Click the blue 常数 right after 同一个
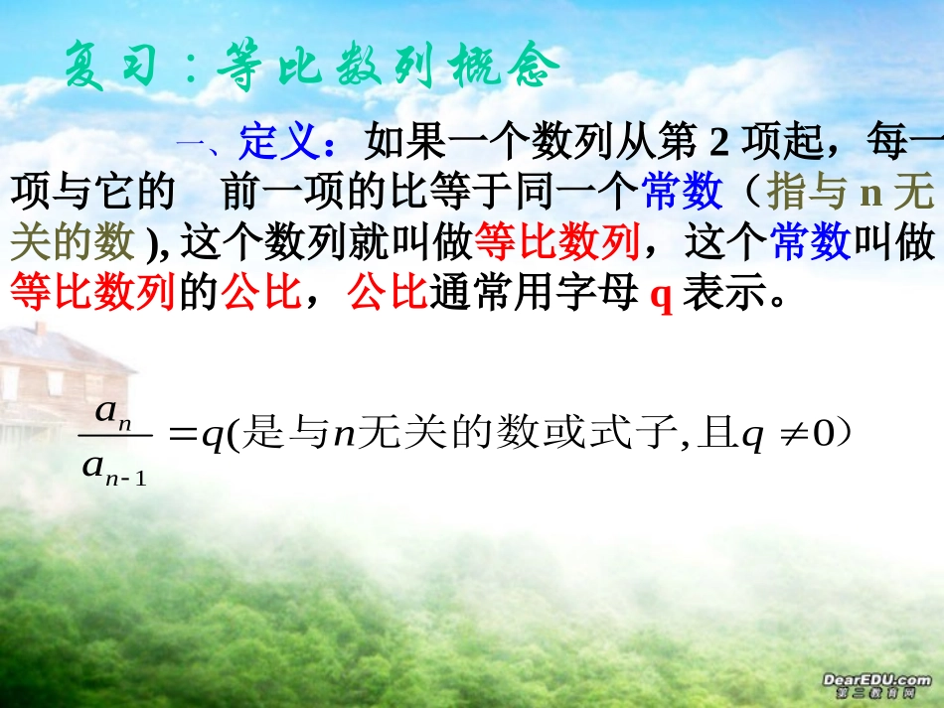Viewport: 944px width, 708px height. pyautogui.click(x=683, y=193)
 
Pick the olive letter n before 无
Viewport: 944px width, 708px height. pyautogui.click(x=870, y=193)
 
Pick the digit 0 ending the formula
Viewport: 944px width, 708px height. pyautogui.click(x=822, y=437)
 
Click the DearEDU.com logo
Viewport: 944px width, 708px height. pyautogui.click(x=875, y=683)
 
